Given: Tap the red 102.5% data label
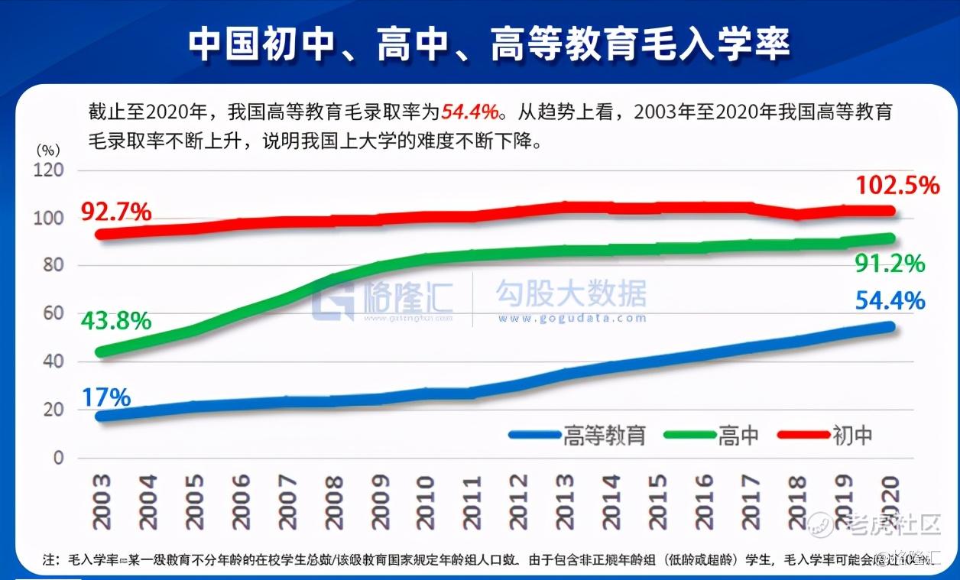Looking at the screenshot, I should click(x=897, y=185).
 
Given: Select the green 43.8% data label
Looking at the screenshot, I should click(x=115, y=321).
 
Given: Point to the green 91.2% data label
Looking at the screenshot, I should click(x=890, y=264).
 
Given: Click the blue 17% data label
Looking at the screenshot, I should click(x=106, y=397).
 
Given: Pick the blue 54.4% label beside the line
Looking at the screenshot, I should click(x=890, y=301).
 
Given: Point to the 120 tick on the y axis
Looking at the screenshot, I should click(x=48, y=170).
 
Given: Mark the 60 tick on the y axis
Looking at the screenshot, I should click(x=52, y=313).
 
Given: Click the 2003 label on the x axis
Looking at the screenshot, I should click(x=102, y=501).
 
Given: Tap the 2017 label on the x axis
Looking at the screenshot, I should click(x=750, y=501).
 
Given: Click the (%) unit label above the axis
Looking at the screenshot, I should click(x=48, y=150).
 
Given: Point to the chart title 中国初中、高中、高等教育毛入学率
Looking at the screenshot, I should click(x=489, y=45).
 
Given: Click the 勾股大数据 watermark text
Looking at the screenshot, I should click(x=570, y=293).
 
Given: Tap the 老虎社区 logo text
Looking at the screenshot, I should click(x=894, y=524).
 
